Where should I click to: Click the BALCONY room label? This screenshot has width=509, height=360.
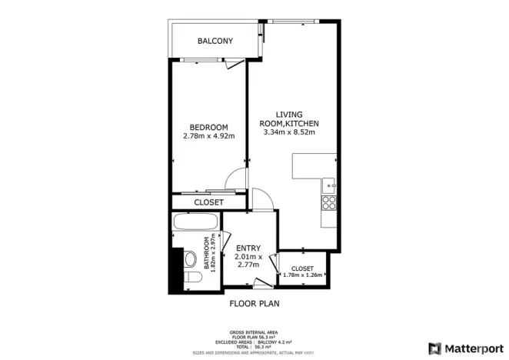[x=215, y=41]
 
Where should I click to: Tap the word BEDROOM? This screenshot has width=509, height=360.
[x=209, y=127]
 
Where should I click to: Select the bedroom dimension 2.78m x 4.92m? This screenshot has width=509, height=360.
[x=209, y=136]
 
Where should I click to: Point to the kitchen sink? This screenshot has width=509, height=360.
[x=329, y=185]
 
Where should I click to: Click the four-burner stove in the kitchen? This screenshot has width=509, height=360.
[x=329, y=203]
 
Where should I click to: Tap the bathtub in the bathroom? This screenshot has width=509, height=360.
[x=196, y=223]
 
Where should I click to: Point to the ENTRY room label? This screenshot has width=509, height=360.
[x=249, y=248]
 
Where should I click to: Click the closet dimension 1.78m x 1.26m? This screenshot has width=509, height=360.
[x=303, y=275]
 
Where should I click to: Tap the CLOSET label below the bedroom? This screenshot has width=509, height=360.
[x=208, y=202]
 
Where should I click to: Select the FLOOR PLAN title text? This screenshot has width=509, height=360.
[x=254, y=303]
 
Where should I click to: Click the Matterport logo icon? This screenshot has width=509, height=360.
[x=435, y=348]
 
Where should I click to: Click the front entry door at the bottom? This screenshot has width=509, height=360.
[x=265, y=283]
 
